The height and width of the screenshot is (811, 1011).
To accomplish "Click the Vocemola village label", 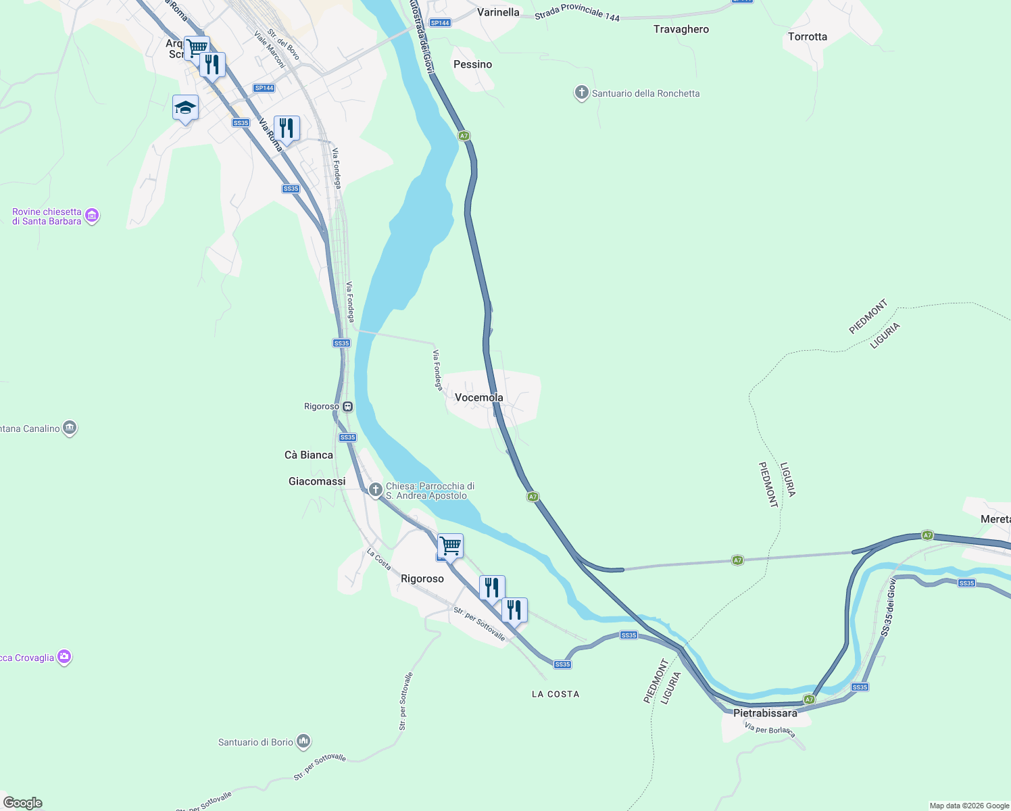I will click(x=478, y=397).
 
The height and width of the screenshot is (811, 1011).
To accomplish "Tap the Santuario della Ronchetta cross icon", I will click(x=581, y=93).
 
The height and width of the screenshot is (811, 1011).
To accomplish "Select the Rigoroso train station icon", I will click(x=347, y=406).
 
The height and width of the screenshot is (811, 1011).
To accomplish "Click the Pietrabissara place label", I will click(x=765, y=713).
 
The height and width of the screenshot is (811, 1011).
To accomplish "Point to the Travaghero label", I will click(x=681, y=29).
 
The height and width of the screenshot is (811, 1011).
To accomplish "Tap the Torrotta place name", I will click(x=807, y=36).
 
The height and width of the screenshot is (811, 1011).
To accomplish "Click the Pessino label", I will click(x=472, y=64).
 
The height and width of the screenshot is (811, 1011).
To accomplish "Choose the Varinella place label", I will click(x=498, y=12).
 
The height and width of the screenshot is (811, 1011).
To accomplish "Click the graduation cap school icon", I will click(x=185, y=107).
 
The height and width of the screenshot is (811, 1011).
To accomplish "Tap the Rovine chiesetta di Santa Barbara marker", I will click(x=93, y=216).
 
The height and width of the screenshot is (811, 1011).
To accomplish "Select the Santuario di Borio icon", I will click(x=303, y=742).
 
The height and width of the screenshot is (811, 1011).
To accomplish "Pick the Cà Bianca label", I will click(x=308, y=455).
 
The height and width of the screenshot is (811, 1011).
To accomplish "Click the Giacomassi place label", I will click(x=316, y=481).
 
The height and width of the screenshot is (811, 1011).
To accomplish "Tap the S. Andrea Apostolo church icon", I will click(x=375, y=489).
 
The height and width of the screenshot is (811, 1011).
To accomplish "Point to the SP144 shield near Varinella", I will click(x=440, y=23).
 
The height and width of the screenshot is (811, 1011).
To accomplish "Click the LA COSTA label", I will click(x=555, y=694).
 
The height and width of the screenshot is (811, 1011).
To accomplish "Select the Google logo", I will click(x=23, y=803).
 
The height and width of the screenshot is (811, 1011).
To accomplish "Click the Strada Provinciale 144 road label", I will click(x=576, y=14).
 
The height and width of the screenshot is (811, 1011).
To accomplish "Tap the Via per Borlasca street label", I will click(x=770, y=731).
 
